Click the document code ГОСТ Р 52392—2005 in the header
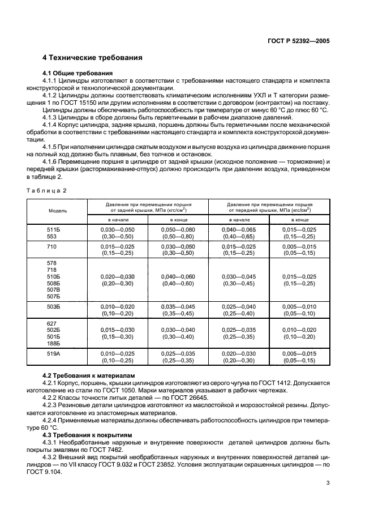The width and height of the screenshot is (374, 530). coord(299,41)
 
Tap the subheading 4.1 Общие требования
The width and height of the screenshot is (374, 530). coord(78,73)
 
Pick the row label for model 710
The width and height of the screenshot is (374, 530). coord(52,247)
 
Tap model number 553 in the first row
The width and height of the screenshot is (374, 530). coord(52,236)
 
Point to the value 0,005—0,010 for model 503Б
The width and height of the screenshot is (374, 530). coord(300,306)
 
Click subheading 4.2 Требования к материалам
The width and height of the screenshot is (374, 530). coord(89,375)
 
